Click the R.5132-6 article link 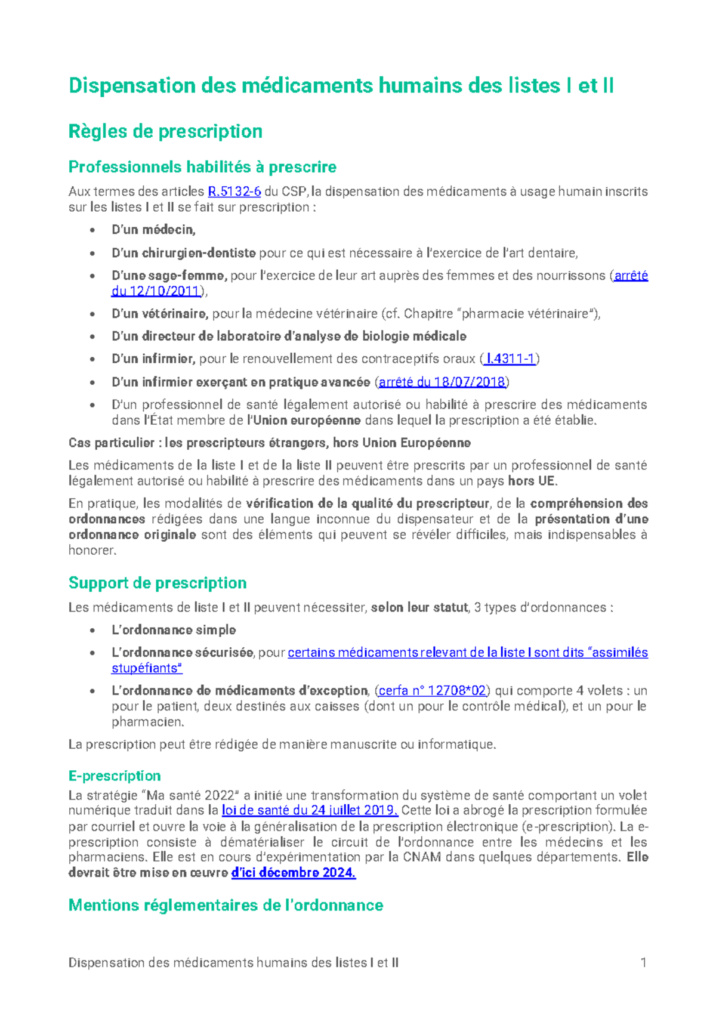pyautogui.click(x=234, y=192)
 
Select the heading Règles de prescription pyautogui.click(x=165, y=131)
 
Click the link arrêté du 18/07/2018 pyautogui.click(x=442, y=382)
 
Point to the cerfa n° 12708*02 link pyautogui.click(x=433, y=691)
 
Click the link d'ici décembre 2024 pyautogui.click(x=293, y=873)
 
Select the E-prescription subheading pyautogui.click(x=115, y=776)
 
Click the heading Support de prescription pyautogui.click(x=158, y=583)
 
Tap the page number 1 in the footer pyautogui.click(x=643, y=962)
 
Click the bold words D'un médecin pyautogui.click(x=153, y=230)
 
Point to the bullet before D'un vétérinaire pyautogui.click(x=92, y=314)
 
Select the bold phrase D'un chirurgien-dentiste pyautogui.click(x=184, y=253)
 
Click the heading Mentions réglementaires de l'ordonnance pyautogui.click(x=226, y=905)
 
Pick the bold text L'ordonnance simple pyautogui.click(x=174, y=630)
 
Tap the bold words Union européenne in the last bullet pyautogui.click(x=307, y=420)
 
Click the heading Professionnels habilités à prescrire pyautogui.click(x=202, y=166)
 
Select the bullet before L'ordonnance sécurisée pyautogui.click(x=92, y=653)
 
